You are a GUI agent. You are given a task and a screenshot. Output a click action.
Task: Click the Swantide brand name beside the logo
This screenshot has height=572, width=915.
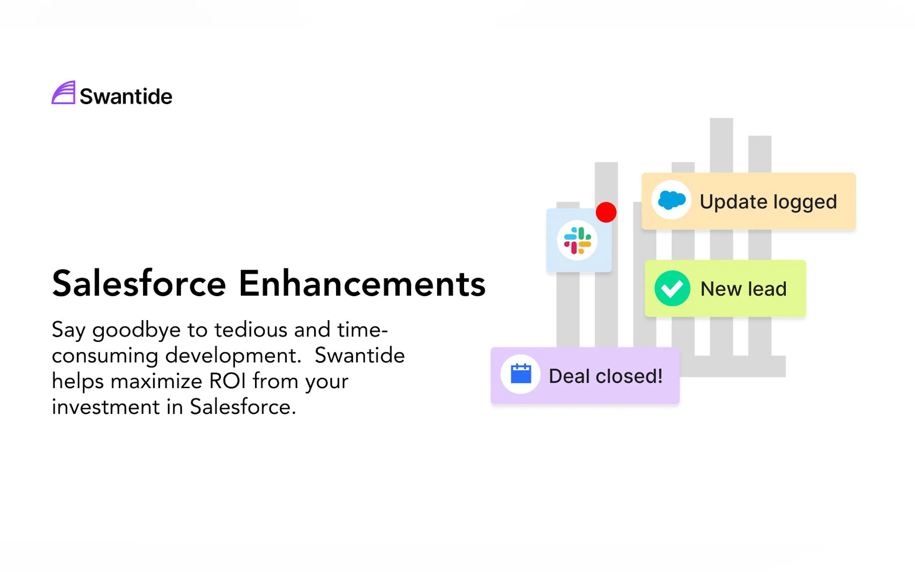pyautogui.click(x=126, y=96)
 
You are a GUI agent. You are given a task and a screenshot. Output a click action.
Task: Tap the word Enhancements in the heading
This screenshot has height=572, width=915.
pyautogui.click(x=362, y=284)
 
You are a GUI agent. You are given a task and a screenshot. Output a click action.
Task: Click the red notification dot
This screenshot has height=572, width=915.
pyautogui.click(x=606, y=212)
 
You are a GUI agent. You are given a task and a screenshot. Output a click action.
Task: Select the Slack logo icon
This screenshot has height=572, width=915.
pyautogui.click(x=577, y=240)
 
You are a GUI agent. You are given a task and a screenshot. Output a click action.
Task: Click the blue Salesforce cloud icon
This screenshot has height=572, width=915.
pyautogui.click(x=672, y=200)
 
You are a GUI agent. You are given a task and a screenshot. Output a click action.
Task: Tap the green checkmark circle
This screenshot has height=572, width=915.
pyautogui.click(x=672, y=288)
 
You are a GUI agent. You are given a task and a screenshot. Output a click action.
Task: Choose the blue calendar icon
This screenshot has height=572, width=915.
pyautogui.click(x=521, y=374)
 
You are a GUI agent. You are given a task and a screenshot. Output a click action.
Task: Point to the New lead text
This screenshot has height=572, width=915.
pyautogui.click(x=744, y=289)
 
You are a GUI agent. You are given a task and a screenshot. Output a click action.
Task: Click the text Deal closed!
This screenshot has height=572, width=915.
pyautogui.click(x=606, y=376)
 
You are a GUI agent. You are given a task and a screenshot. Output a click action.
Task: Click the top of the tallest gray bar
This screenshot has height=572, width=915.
pyautogui.click(x=721, y=119)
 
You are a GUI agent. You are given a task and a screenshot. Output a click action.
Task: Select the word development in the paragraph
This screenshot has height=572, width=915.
pyautogui.click(x=233, y=356)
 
